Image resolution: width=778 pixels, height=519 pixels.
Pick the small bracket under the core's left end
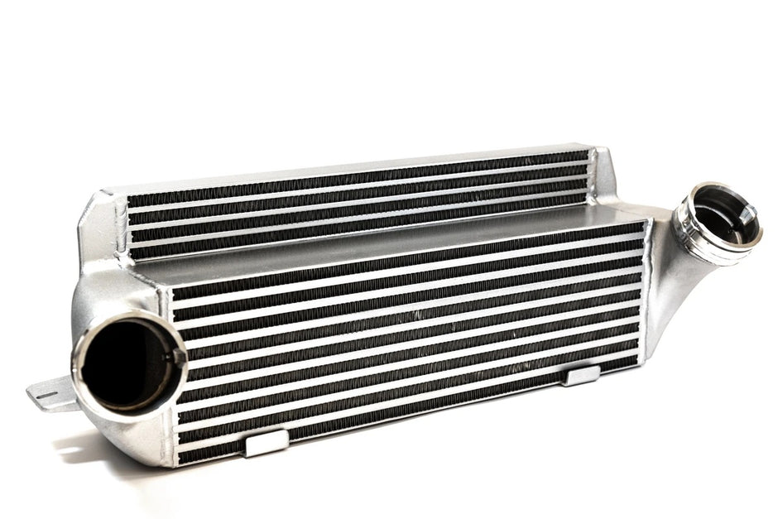pyautogui.click(x=267, y=441)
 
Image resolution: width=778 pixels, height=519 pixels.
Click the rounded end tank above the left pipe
pyautogui.click(x=116, y=290)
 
